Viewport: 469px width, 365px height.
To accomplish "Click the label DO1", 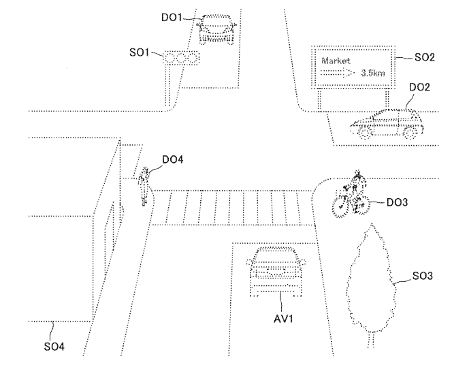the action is [172, 17].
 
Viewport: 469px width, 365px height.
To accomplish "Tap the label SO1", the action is [139, 52].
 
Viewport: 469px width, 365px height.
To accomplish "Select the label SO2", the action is [425, 57].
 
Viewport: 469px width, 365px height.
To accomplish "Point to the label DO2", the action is [419, 87].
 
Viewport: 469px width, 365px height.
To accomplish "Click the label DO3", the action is [398, 202].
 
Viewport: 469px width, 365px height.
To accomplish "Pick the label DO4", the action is [173, 159].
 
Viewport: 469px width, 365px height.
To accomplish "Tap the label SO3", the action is [422, 276].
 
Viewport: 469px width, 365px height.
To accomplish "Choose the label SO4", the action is [54, 347].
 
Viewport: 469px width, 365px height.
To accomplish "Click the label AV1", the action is [283, 319].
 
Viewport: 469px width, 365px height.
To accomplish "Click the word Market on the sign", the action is [336, 61].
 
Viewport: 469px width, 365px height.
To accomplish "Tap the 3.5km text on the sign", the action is [373, 73].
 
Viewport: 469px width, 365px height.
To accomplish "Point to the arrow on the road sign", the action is [338, 73].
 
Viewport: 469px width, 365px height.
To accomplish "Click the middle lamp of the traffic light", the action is [181, 58].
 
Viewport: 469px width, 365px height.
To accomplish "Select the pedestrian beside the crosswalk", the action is [145, 186].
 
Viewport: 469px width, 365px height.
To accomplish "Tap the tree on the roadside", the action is [371, 284].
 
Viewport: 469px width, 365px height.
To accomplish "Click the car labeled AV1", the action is [276, 271].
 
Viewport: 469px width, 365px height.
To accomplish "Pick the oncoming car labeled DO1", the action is [216, 29].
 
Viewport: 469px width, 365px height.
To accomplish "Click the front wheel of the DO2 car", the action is [364, 133].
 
